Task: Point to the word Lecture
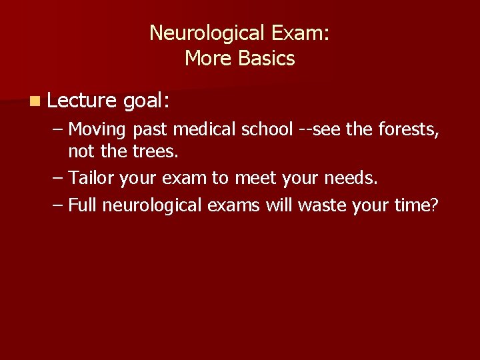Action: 83,100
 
